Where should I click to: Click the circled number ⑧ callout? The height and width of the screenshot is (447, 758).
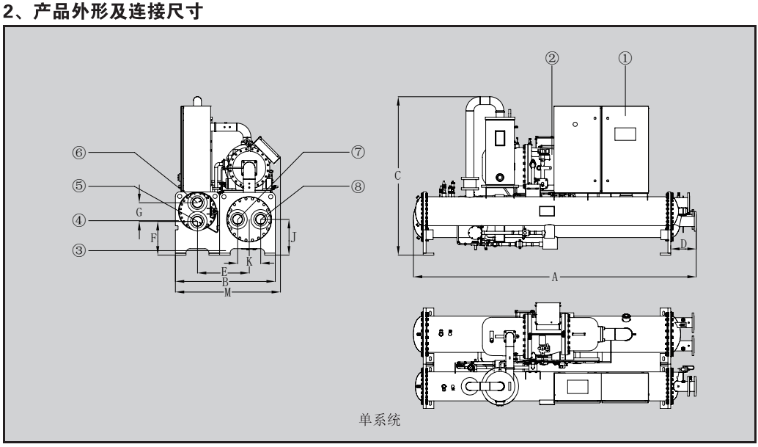tap(358, 186)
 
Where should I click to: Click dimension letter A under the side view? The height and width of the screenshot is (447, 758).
tap(555, 277)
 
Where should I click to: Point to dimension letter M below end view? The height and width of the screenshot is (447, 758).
tap(227, 292)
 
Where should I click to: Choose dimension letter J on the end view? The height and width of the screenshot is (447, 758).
tap(293, 236)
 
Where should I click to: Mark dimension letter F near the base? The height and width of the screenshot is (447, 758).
tap(153, 239)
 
